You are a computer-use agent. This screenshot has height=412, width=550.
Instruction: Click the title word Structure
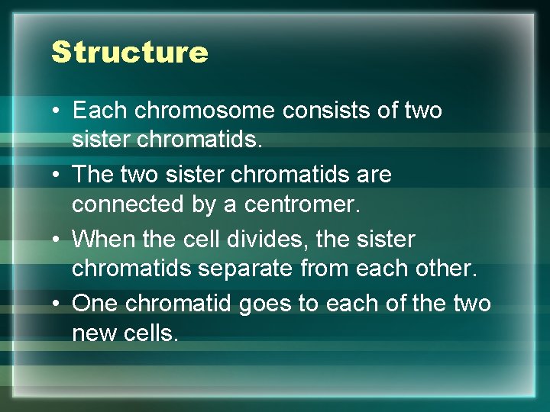tap(129, 52)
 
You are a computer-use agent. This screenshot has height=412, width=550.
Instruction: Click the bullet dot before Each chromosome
tap(57, 111)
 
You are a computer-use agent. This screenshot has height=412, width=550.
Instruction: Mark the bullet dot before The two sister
tap(57, 175)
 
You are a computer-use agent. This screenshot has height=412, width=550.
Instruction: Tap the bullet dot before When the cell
tap(57, 240)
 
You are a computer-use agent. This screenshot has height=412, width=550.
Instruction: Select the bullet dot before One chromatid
tap(57, 304)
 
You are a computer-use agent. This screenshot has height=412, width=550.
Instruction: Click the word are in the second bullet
tap(374, 175)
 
